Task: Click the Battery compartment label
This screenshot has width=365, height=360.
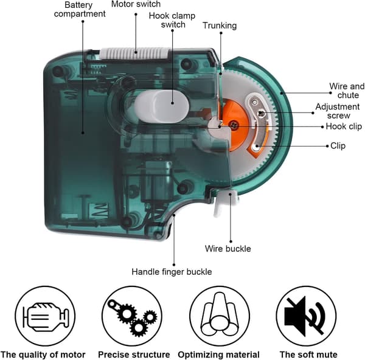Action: pyautogui.click(x=80, y=9)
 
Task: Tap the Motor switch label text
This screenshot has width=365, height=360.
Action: pyautogui.click(x=136, y=4)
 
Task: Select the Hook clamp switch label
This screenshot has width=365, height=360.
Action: pyautogui.click(x=172, y=20)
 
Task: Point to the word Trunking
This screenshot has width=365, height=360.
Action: pyautogui.click(x=220, y=26)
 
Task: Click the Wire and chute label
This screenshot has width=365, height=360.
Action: pyautogui.click(x=347, y=91)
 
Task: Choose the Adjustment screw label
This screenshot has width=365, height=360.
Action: pyautogui.click(x=338, y=111)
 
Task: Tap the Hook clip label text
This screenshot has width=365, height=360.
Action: pyautogui.click(x=344, y=126)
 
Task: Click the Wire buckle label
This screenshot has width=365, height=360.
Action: pyautogui.click(x=228, y=249)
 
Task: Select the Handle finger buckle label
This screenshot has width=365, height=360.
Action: pyautogui.click(x=172, y=272)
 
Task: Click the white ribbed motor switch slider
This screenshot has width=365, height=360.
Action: pyautogui.click(x=135, y=54)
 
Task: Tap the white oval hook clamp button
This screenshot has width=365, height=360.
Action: pyautogui.click(x=162, y=106)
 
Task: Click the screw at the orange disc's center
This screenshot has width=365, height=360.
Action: pyautogui.click(x=234, y=125)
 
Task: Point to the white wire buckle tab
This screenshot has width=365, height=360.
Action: pyautogui.click(x=225, y=202)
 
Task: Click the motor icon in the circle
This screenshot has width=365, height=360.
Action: pyautogui.click(x=46, y=317)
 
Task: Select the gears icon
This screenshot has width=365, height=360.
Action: pyautogui.click(x=133, y=317)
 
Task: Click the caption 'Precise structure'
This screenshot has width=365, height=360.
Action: pyautogui.click(x=134, y=355)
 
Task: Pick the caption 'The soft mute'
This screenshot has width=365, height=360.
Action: pyautogui.click(x=308, y=355)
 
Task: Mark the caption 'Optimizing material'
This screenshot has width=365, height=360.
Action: pyautogui.click(x=218, y=355)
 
